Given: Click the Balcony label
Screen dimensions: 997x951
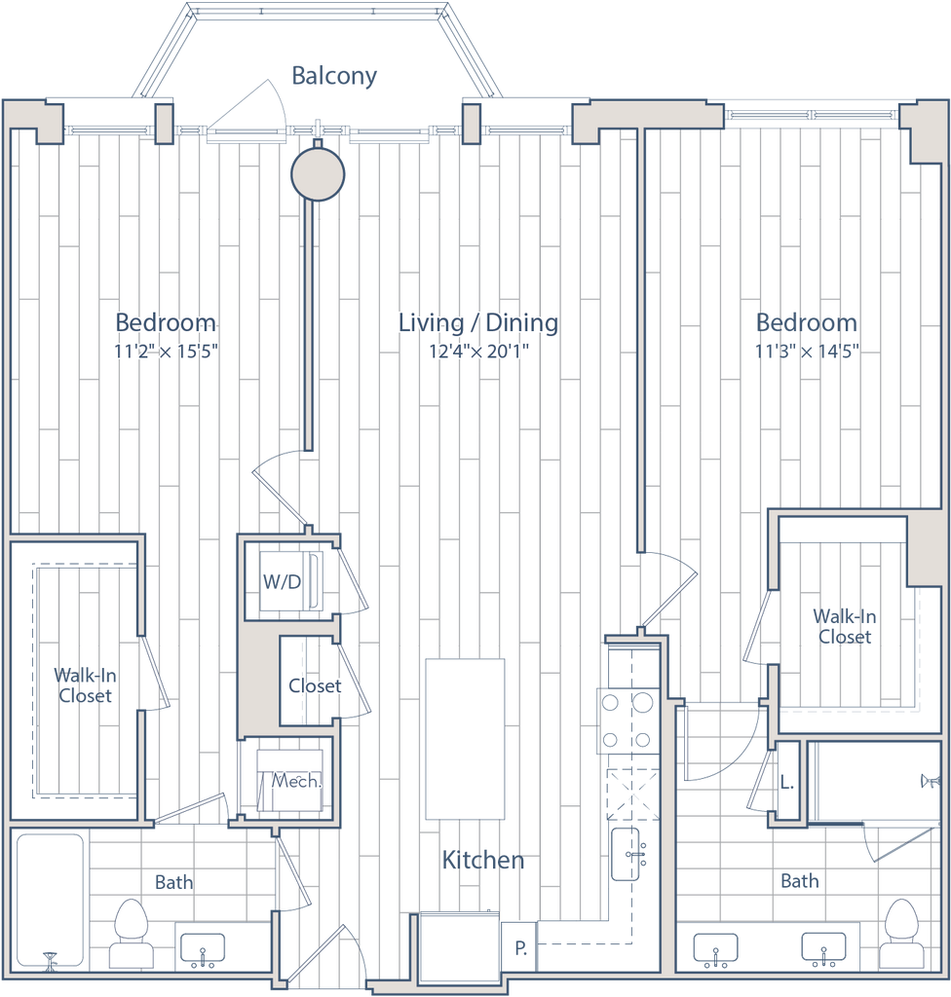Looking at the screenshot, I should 334,77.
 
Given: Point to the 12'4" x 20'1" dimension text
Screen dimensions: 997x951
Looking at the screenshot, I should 477,351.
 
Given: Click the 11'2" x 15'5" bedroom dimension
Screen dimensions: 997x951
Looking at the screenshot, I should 165,351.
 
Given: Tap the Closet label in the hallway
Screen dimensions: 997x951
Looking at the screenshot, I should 315,685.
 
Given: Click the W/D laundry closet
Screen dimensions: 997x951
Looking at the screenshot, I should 282,582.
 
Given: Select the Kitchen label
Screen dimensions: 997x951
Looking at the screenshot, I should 483,860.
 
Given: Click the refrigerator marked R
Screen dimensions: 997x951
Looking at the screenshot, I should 521,945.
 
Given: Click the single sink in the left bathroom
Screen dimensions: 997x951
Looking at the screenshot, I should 203,947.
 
